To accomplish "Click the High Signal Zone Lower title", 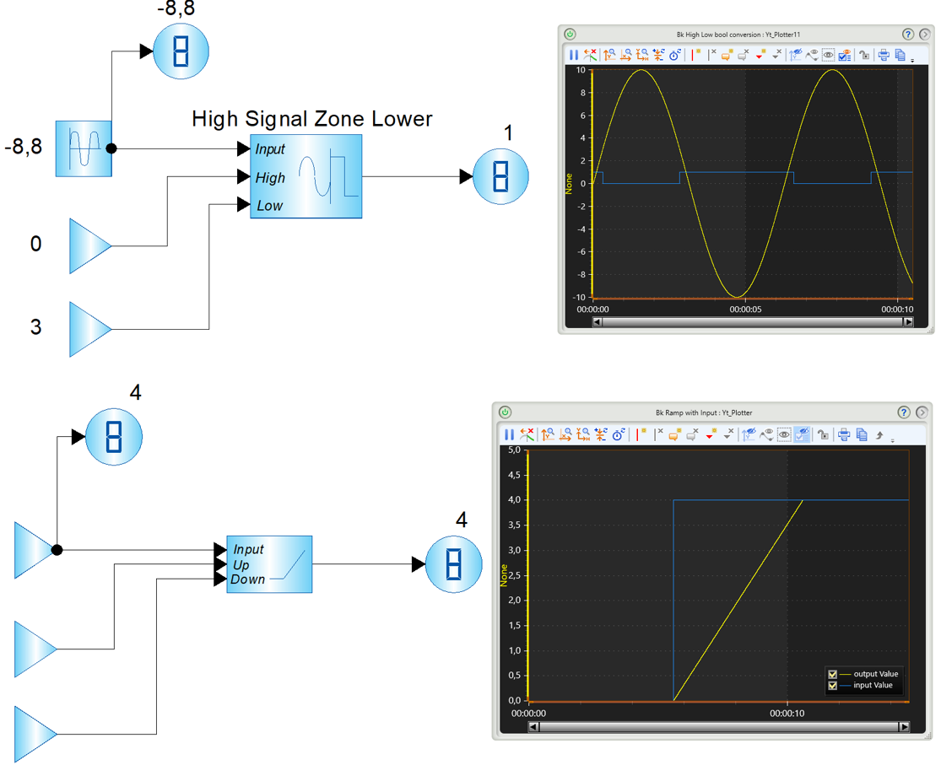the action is pos(311,119).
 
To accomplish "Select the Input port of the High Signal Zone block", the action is pos(269,148).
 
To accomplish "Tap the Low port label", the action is pos(269,206).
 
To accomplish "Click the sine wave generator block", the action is pos(84,148).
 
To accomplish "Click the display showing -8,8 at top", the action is pos(181,51).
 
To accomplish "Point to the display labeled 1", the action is pos(500,176).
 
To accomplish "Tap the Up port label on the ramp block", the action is pos(241,565).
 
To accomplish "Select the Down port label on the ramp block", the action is pos(247,579).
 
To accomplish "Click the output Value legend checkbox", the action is pos(832,675).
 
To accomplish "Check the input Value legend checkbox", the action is pos(832,686).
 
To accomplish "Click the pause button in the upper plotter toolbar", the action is pos(574,55).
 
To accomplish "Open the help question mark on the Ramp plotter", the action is pos(904,412).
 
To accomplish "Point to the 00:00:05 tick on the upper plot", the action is pos(745,310).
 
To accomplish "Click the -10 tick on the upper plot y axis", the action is pos(579,297).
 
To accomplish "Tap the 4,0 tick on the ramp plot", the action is pos(514,500).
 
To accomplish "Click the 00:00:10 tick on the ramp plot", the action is pos(787,714).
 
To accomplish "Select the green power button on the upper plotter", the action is pos(571,35).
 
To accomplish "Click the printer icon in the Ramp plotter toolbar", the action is pos(844,434).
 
